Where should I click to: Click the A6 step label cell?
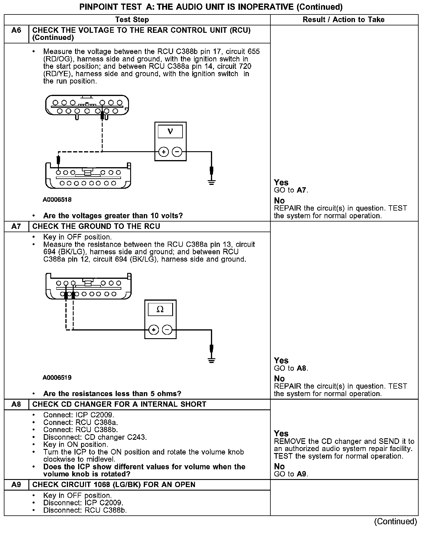pyautogui.click(x=17, y=30)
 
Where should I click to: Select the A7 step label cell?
pyautogui.click(x=17, y=226)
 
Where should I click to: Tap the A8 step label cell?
pyautogui.click(x=17, y=404)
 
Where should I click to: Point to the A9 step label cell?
pyautogui.click(x=17, y=485)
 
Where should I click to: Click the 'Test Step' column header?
pyautogui.click(x=132, y=20)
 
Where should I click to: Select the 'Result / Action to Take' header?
pyautogui.click(x=343, y=20)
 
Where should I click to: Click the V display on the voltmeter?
pyautogui.click(x=170, y=131)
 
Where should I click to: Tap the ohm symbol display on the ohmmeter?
pyautogui.click(x=160, y=310)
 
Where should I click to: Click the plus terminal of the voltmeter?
pyautogui.click(x=164, y=152)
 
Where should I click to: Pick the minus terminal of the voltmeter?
pyautogui.click(x=177, y=152)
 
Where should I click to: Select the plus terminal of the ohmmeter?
pyautogui.click(x=154, y=330)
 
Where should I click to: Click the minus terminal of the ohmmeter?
pyautogui.click(x=167, y=330)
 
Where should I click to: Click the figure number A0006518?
pyautogui.click(x=57, y=200)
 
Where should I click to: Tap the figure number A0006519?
pyautogui.click(x=57, y=377)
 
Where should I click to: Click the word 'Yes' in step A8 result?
pyautogui.click(x=281, y=434)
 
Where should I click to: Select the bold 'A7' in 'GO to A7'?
pyautogui.click(x=301, y=190)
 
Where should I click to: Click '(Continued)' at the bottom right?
pyautogui.click(x=396, y=522)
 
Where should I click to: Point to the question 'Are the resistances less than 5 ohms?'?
pyautogui.click(x=112, y=394)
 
